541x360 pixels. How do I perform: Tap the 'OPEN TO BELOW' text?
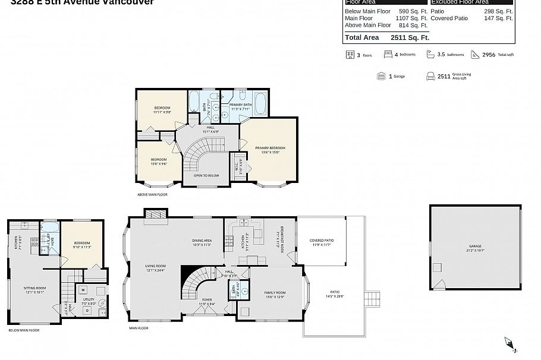click(206, 176)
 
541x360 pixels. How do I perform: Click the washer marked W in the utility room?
click(83, 290)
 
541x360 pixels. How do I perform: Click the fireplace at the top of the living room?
click(156, 213)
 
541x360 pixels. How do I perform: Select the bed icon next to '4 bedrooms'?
click(388, 54)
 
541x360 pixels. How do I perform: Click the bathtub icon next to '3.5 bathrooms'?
click(430, 54)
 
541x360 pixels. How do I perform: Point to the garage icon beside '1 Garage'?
click(380, 76)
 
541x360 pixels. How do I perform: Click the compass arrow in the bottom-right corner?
click(510, 343)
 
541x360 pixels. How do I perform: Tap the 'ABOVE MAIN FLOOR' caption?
click(152, 195)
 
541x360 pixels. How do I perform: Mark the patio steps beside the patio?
click(372, 296)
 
